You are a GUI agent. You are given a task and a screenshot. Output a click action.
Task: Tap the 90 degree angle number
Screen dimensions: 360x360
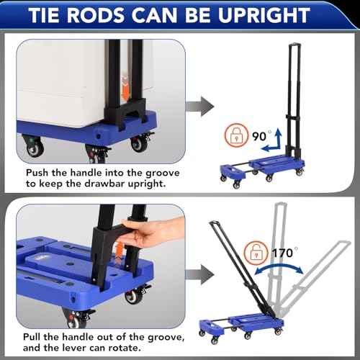click(256, 135)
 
